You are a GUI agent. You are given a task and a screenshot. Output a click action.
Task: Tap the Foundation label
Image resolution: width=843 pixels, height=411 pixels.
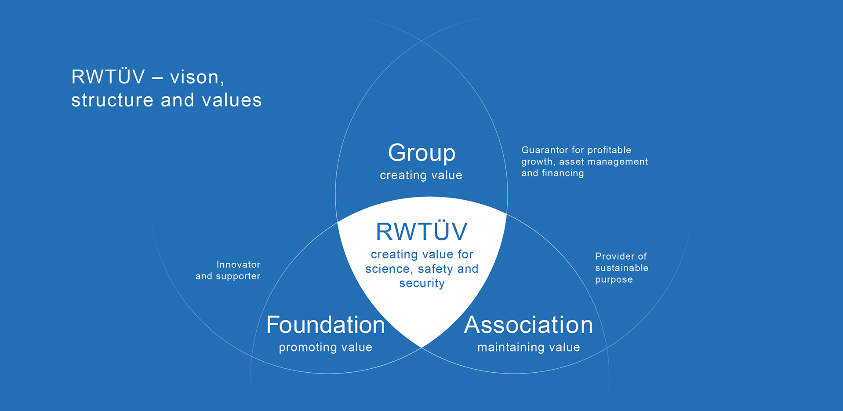tap(326, 325)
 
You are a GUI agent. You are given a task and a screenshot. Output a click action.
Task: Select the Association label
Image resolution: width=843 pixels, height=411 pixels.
tap(528, 325)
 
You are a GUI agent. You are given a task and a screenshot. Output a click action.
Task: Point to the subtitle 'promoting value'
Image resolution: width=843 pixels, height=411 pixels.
tap(326, 348)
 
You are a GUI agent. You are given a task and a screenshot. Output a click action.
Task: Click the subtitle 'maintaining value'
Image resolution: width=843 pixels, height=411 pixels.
tap(529, 347)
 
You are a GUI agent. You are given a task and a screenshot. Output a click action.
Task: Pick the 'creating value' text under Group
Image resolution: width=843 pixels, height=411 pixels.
tap(421, 175)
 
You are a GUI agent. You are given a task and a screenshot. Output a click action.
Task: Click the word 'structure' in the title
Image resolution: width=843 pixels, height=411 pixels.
tap(112, 100)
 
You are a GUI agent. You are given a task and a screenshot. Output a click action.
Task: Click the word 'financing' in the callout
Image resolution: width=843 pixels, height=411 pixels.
tap(563, 173)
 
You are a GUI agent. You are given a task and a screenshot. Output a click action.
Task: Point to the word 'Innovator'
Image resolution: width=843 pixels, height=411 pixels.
tap(238, 264)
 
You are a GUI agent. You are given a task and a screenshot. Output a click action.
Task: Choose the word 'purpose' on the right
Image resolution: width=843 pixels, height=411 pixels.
tap(614, 280)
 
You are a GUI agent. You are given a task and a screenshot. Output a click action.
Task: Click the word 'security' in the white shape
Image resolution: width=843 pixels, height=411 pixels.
tap(422, 283)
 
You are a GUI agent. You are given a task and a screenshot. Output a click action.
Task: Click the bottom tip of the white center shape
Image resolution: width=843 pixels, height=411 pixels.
tap(422, 348)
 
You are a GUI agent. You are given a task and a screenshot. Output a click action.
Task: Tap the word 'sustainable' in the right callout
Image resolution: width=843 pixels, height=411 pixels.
tap(621, 268)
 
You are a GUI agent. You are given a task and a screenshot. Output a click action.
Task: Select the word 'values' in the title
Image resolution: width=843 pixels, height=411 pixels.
tap(232, 100)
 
